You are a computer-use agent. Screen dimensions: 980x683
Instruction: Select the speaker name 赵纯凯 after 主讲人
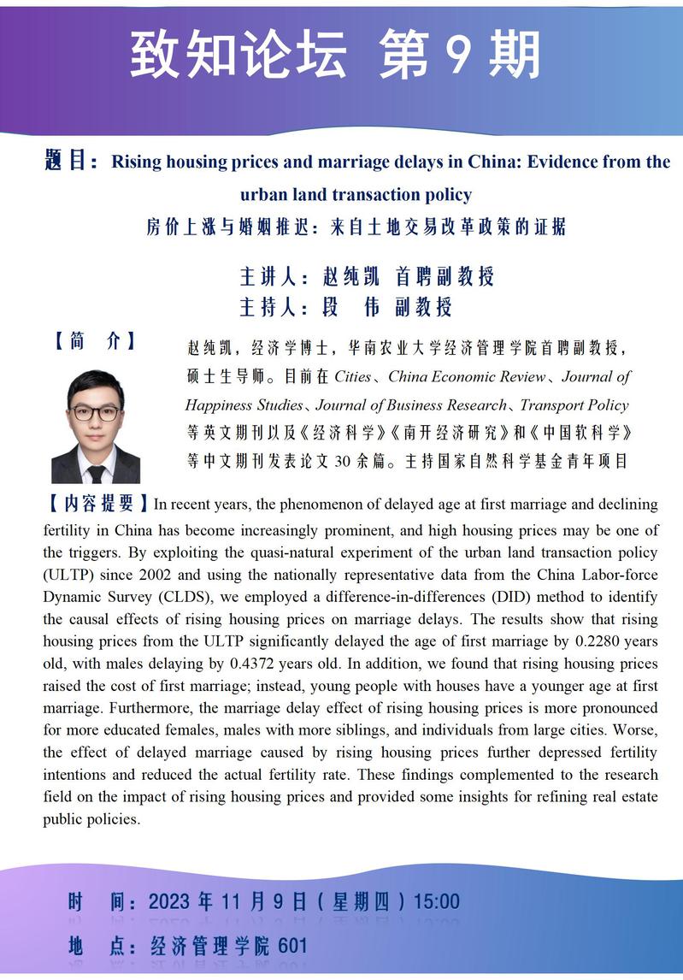click(x=350, y=276)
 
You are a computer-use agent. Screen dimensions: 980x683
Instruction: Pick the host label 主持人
click(x=267, y=306)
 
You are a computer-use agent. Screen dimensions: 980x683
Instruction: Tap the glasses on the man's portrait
click(x=95, y=412)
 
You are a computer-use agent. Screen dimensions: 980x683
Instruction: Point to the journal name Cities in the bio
click(x=353, y=376)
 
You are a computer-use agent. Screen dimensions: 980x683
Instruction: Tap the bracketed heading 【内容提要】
click(x=97, y=505)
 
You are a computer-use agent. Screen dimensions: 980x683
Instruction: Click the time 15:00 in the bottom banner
click(x=436, y=901)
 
